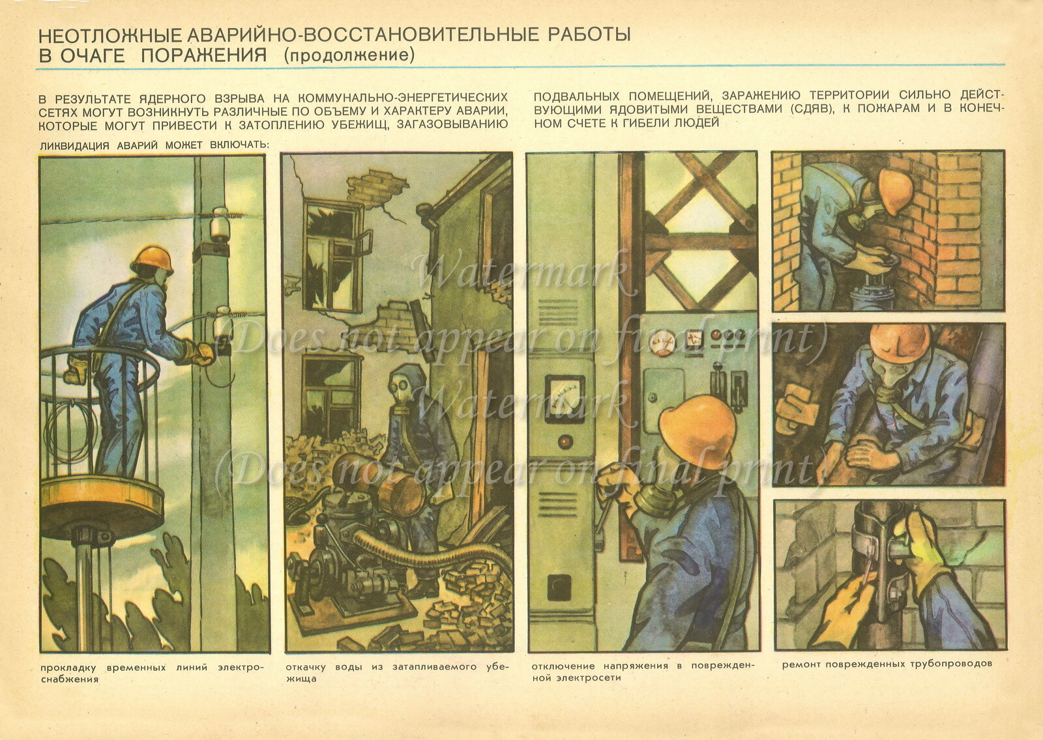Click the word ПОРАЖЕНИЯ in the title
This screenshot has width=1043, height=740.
tap(203, 55)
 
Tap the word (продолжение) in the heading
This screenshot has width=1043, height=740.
tap(349, 55)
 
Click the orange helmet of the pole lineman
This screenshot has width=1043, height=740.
tap(152, 259)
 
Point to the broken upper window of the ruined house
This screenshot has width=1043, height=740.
tap(332, 254)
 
